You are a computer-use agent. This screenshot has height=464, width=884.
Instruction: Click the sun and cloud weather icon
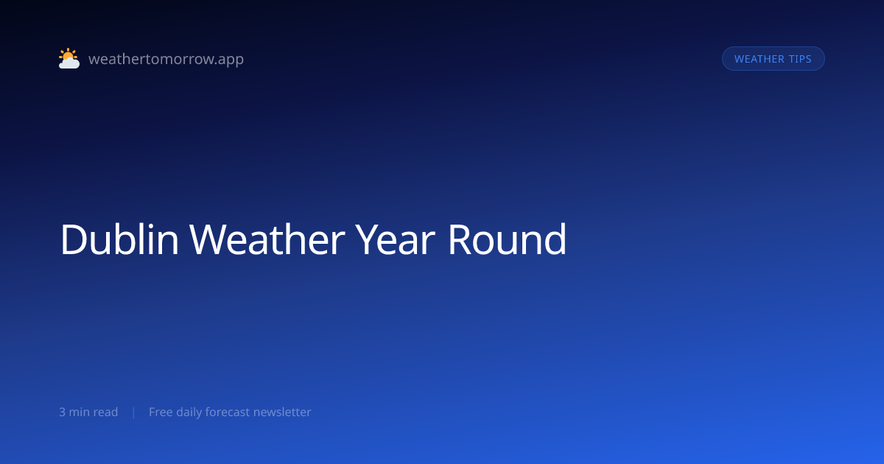[x=69, y=58]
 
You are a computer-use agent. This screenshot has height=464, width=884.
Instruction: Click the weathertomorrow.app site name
[x=166, y=59]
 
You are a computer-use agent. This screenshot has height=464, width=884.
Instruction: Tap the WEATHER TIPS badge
[x=773, y=59]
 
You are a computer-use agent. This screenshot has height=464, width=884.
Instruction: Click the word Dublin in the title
[x=119, y=239]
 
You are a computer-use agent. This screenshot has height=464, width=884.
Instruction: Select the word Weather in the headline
[x=267, y=239]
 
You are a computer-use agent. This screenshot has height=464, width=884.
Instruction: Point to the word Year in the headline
[x=395, y=239]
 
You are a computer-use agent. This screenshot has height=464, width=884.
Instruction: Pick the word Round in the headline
[x=507, y=239]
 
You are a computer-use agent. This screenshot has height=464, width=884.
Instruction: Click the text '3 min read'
[x=88, y=412]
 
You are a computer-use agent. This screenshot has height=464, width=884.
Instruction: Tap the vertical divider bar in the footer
[x=134, y=412]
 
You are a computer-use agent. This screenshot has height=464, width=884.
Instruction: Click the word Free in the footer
[x=161, y=412]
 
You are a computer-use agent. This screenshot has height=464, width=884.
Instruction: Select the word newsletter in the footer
[x=282, y=412]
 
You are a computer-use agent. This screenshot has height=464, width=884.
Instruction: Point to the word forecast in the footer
[x=228, y=412]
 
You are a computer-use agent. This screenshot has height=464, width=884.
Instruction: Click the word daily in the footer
[x=189, y=412]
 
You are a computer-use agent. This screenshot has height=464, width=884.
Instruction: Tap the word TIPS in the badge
[x=800, y=59]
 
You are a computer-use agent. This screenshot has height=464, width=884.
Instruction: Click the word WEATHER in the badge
[x=760, y=59]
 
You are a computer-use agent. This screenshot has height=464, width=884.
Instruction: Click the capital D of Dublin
[x=74, y=239]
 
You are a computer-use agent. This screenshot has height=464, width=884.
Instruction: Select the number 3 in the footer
[x=62, y=412]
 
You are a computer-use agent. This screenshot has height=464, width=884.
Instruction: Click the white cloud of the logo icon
[x=69, y=63]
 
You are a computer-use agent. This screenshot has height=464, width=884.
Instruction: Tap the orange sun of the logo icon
[x=68, y=55]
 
